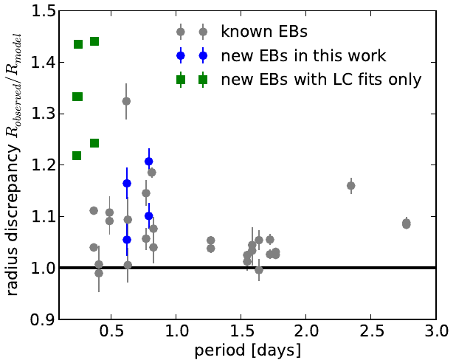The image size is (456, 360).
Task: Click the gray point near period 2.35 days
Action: click(x=351, y=186)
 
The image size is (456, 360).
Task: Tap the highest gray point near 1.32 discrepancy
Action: click(x=126, y=101)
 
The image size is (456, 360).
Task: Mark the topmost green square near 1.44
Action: click(x=94, y=41)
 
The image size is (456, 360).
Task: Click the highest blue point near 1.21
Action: click(x=149, y=161)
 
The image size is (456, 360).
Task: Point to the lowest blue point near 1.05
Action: click(x=127, y=240)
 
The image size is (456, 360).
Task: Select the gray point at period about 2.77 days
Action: click(x=406, y=224)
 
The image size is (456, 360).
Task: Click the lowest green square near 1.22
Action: click(x=77, y=156)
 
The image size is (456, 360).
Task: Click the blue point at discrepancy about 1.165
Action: click(x=127, y=183)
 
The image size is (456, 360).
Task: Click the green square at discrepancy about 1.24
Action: click(x=94, y=143)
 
